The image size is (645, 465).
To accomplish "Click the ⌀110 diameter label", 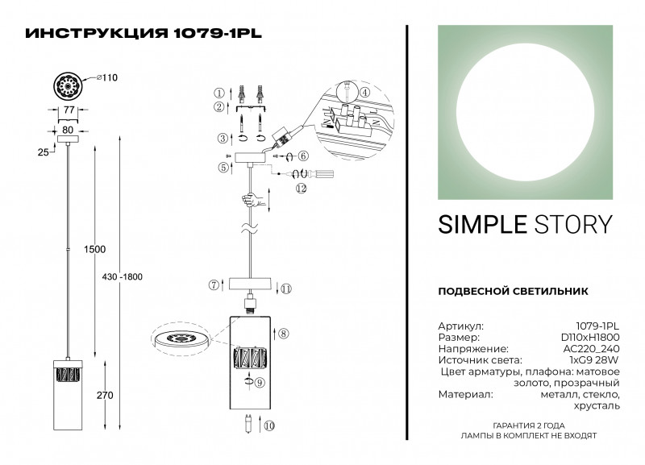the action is click(x=107, y=77).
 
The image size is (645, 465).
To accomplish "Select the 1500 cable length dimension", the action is click(x=94, y=249).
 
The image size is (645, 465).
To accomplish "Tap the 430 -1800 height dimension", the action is click(x=123, y=276).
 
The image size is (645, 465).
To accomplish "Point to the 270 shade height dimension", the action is click(x=105, y=395).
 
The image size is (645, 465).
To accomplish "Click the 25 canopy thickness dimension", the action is click(x=44, y=152).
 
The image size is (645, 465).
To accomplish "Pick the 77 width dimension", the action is click(x=69, y=110).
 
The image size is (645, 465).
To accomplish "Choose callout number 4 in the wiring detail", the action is click(x=364, y=93).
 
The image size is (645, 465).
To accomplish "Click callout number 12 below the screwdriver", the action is click(x=302, y=189).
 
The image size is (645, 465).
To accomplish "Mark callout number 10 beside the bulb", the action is click(x=269, y=426).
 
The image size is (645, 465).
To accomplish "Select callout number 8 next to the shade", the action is click(x=284, y=334).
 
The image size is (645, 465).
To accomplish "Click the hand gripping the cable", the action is click(x=252, y=201).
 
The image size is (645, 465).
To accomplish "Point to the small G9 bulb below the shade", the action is click(x=248, y=424).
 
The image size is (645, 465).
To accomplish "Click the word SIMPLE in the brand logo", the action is click(x=482, y=225).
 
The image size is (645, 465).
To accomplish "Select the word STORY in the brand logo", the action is click(x=573, y=225).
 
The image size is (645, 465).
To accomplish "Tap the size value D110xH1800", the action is click(x=590, y=338).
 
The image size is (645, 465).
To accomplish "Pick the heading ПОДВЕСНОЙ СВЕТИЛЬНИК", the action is click(x=513, y=292).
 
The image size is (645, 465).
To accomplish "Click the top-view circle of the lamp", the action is click(x=69, y=85).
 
